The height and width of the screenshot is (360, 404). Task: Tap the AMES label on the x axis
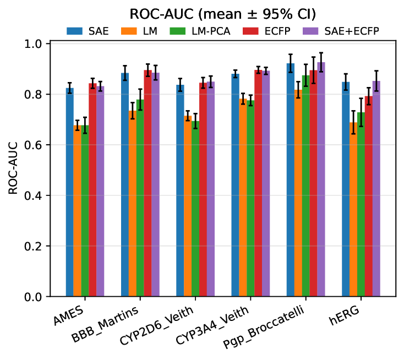(x=69, y=316)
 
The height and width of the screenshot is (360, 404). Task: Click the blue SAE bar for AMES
(x=70, y=193)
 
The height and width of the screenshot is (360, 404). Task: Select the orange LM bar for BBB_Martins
(x=133, y=204)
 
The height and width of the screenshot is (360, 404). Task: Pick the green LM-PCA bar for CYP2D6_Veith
(x=195, y=209)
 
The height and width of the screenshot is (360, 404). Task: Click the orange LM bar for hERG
(x=353, y=210)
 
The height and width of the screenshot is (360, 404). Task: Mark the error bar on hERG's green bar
(x=361, y=112)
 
